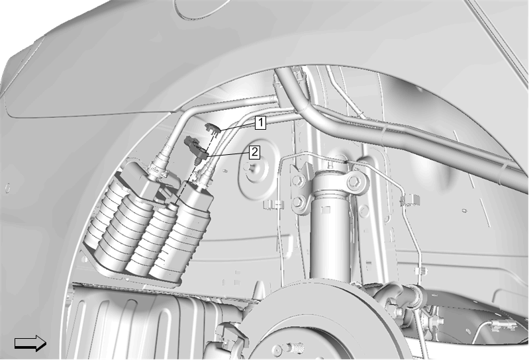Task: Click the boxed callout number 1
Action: tap(260, 122)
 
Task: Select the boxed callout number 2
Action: tap(254, 152)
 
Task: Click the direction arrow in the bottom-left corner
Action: tap(30, 343)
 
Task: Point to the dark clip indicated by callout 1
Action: tap(213, 128)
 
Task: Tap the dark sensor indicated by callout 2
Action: tap(196, 148)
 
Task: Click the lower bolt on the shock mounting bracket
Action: tap(297, 202)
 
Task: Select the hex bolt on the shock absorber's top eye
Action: tap(355, 182)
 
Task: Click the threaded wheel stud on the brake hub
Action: tap(294, 347)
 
